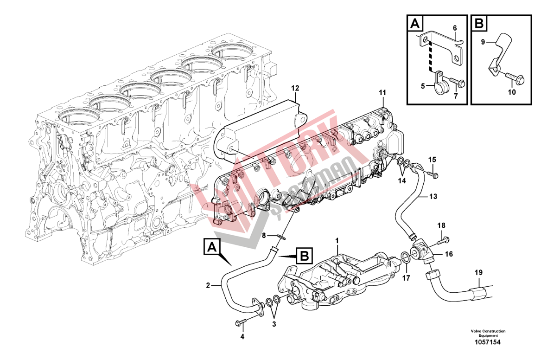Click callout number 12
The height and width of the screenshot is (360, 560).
point(295,88)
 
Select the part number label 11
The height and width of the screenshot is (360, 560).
point(382,93)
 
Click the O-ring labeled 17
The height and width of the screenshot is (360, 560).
point(404,258)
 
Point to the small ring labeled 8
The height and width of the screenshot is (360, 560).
point(280,238)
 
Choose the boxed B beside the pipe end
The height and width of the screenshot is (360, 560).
point(304,255)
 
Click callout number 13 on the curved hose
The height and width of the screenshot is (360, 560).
point(433,197)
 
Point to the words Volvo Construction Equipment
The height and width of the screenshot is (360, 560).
point(488,333)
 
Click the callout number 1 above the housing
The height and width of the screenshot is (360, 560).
point(337,240)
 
